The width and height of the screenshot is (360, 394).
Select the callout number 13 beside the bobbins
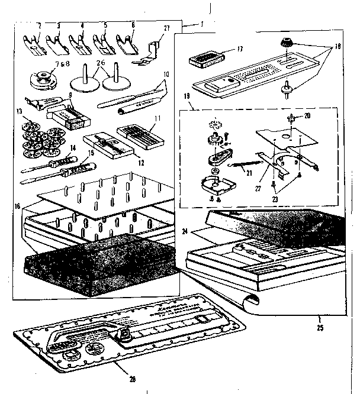point(20,111)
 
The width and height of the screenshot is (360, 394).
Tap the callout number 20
point(307,115)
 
